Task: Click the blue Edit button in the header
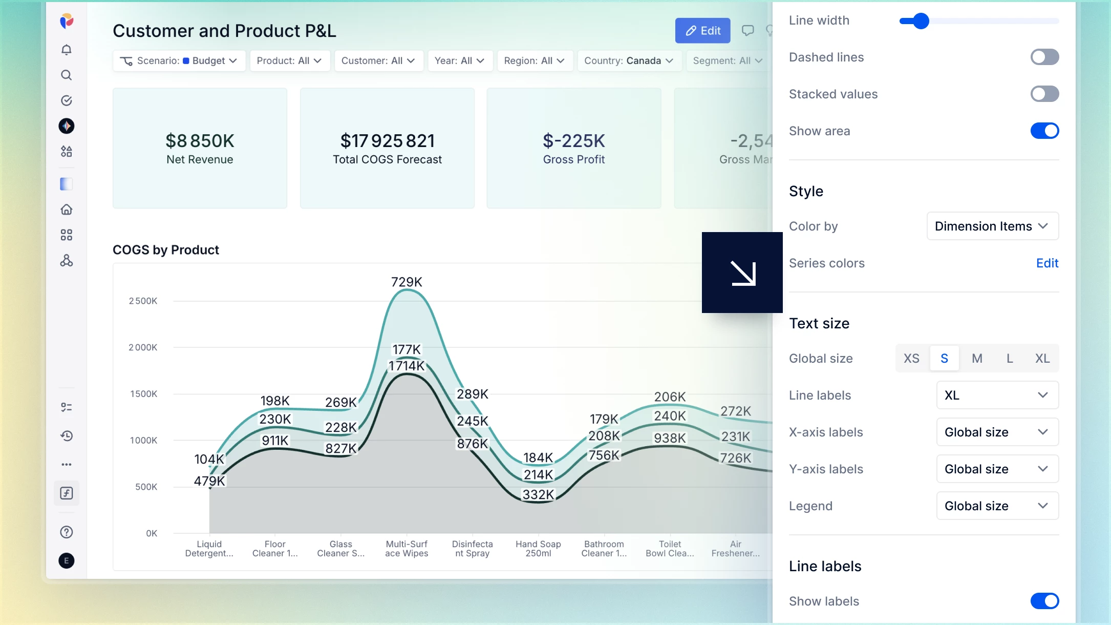tap(702, 31)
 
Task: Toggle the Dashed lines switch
tap(1044, 57)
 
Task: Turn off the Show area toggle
tap(1044, 131)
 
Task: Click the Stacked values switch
tap(1044, 94)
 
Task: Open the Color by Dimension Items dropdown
tap(992, 226)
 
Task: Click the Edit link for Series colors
tap(1047, 263)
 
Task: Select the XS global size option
tap(911, 358)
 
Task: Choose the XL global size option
tap(1042, 358)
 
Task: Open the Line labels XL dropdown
tap(997, 395)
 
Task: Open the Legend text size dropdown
tap(997, 506)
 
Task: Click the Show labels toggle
tap(1044, 601)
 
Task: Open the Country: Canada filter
tap(629, 60)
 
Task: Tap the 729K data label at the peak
tap(407, 282)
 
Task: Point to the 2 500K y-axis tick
tap(143, 301)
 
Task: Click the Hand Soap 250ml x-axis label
tap(538, 549)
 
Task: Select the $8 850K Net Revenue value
tap(200, 140)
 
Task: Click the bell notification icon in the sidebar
tap(67, 50)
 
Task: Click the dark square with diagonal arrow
tap(742, 273)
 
